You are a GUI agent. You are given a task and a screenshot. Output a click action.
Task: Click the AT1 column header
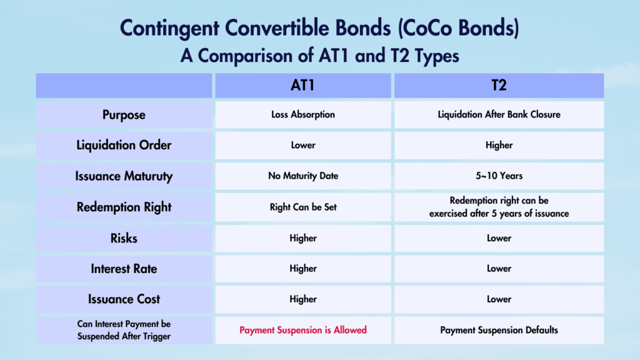(303, 86)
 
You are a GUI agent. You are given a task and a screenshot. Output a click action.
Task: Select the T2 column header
(499, 86)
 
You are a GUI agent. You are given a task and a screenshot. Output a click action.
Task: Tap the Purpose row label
(124, 115)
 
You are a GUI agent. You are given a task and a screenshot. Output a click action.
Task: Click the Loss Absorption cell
(303, 115)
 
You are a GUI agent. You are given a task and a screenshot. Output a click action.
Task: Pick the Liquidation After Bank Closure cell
(499, 115)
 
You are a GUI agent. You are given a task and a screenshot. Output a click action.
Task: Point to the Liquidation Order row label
(124, 146)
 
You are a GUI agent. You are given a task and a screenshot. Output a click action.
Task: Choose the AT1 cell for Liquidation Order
(303, 146)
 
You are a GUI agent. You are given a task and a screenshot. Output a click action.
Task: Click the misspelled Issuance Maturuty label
(124, 176)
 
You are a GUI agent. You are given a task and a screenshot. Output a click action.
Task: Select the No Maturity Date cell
(303, 176)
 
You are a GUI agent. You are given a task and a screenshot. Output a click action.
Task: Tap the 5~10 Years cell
(499, 176)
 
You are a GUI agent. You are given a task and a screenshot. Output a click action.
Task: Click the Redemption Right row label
(124, 207)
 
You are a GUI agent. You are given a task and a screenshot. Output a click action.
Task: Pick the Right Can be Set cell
(303, 207)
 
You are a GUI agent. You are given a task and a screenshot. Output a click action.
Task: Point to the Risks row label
(124, 238)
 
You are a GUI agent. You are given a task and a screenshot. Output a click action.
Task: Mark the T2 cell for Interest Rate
(499, 269)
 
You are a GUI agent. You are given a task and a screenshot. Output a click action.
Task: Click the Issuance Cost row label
(124, 299)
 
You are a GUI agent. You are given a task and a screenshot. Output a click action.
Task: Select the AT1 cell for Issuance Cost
(303, 299)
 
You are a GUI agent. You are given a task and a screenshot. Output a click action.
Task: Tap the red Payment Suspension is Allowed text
(303, 330)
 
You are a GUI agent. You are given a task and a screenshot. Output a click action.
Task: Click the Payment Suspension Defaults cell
(499, 330)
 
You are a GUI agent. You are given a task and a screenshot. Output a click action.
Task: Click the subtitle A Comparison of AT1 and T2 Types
(319, 56)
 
